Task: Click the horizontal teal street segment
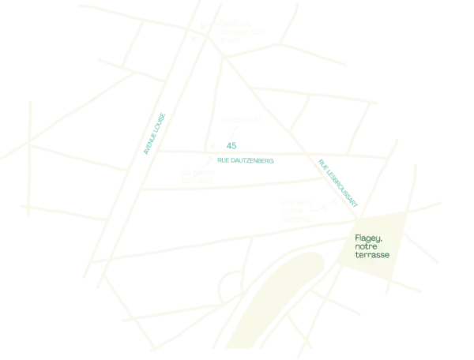[246, 161]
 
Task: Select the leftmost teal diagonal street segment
[155, 131]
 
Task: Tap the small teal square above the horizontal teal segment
[233, 145]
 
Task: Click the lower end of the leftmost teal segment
[144, 150]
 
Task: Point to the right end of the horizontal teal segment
[274, 161]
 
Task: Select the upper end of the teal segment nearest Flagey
[319, 160]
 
